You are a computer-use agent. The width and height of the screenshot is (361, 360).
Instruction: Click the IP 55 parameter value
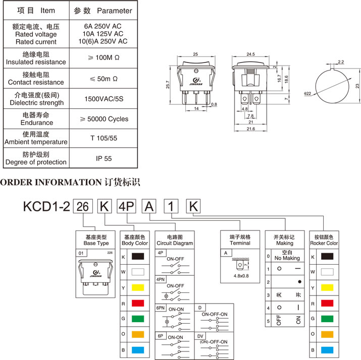coord(104,158)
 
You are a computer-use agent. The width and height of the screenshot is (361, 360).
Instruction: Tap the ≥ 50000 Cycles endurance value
coord(104,119)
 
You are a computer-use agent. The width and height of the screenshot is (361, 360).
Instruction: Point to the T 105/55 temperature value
coord(104,138)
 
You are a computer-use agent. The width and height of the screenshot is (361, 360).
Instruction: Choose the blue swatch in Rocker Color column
coord(327,349)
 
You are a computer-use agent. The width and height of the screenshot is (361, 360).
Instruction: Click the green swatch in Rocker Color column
coord(327,319)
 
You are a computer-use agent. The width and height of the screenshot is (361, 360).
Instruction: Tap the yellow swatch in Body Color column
coord(138,287)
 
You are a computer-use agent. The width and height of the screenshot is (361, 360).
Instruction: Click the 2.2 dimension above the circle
coord(341,62)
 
